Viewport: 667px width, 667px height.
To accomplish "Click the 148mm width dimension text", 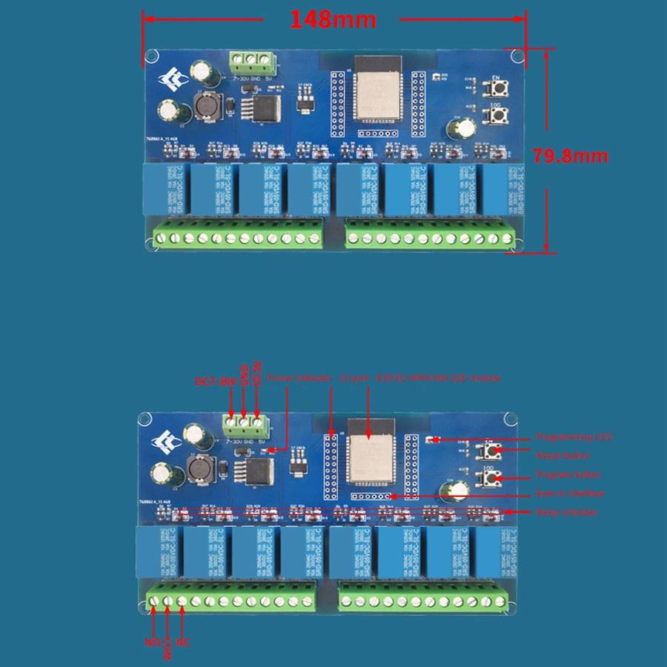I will coord(333,19).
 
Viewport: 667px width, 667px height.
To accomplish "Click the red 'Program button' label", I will coord(568,474).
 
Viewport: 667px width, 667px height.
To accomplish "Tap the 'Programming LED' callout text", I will coord(574,437).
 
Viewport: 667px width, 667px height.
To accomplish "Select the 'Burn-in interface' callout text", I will coord(570,494).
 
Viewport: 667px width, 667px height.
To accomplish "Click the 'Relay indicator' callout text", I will coord(566,512).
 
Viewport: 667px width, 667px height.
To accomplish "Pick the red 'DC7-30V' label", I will coord(215,382).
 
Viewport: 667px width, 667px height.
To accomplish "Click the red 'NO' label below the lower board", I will coord(151,643).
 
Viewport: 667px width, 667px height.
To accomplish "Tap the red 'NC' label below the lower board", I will coord(183,643).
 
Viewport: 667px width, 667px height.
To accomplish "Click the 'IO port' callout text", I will coord(354,378).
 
